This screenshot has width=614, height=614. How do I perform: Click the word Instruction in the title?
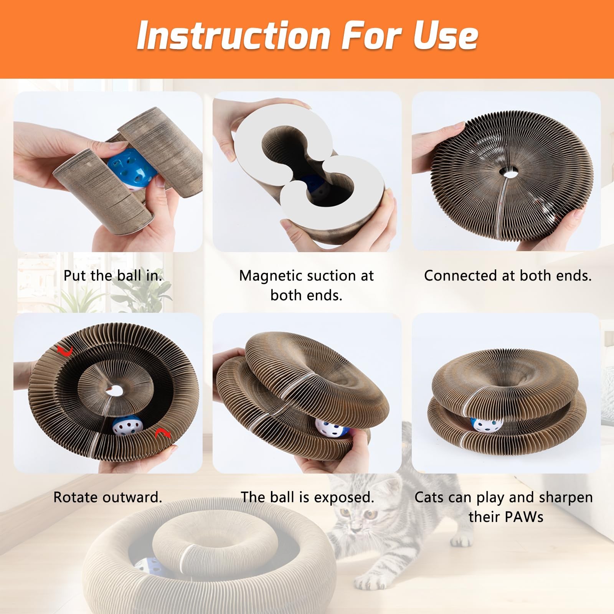click(233, 35)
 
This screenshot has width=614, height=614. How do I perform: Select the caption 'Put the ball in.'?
click(113, 276)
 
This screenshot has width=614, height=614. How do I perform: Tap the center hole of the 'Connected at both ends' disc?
click(509, 173)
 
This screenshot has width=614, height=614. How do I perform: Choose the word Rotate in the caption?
click(76, 497)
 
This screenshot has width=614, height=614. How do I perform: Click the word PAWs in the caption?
click(525, 517)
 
